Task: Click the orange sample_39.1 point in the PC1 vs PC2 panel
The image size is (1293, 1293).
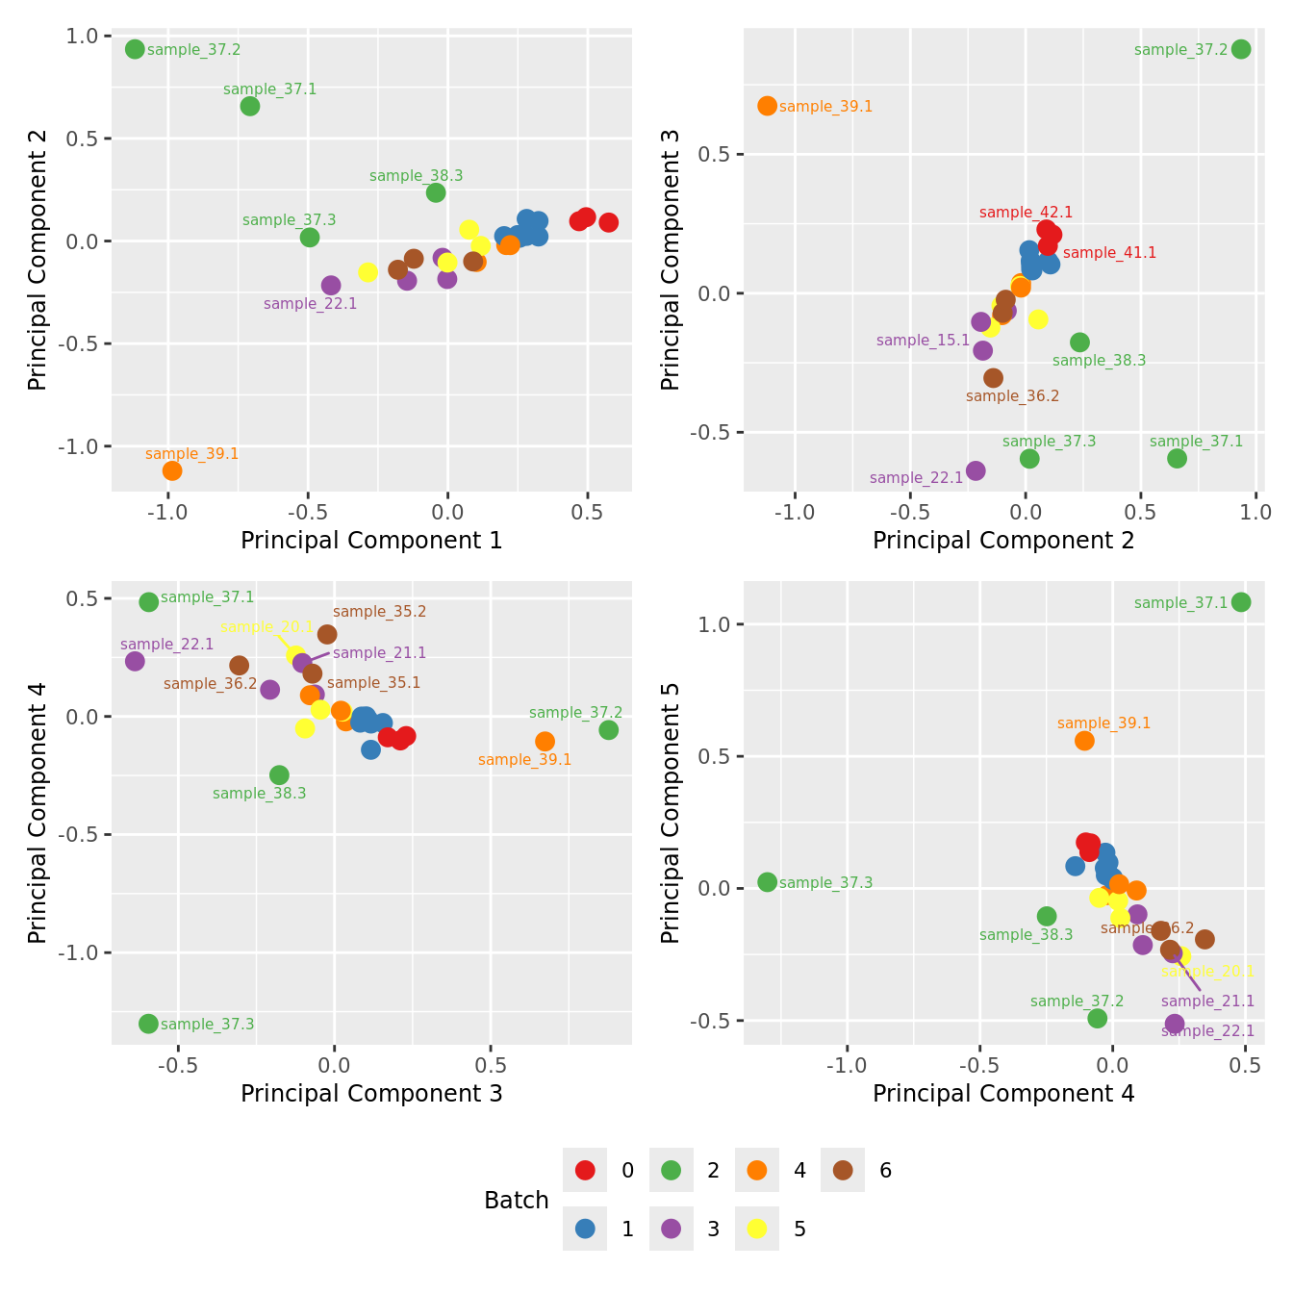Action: click(172, 470)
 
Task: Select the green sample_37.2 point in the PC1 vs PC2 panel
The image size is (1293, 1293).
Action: click(135, 49)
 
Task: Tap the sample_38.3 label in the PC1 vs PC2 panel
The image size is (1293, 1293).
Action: click(416, 176)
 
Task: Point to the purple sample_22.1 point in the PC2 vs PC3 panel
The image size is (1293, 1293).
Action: click(976, 470)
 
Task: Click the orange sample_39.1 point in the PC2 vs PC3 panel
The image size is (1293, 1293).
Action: click(767, 106)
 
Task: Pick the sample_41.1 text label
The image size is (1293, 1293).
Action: click(1109, 253)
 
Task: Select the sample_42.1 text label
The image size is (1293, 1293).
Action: click(1026, 213)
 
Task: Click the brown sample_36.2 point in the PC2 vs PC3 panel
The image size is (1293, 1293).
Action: click(993, 378)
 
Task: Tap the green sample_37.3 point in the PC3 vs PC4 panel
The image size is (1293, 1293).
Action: click(148, 1024)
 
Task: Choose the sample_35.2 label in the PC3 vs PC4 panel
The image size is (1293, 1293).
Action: click(379, 612)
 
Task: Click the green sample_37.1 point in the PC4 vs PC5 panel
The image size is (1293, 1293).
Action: click(1241, 602)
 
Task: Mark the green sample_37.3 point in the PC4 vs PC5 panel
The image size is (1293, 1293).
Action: click(767, 882)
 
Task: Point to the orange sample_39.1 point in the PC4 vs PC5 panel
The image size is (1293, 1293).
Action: click(1084, 741)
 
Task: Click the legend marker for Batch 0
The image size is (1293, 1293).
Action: click(585, 1171)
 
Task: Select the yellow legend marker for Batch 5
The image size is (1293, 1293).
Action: click(757, 1229)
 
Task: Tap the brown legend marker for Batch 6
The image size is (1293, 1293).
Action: click(843, 1171)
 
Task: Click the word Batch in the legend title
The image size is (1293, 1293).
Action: click(517, 1201)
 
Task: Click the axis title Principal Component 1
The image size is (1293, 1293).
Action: click(371, 541)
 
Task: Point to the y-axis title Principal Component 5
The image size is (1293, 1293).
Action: click(671, 813)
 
